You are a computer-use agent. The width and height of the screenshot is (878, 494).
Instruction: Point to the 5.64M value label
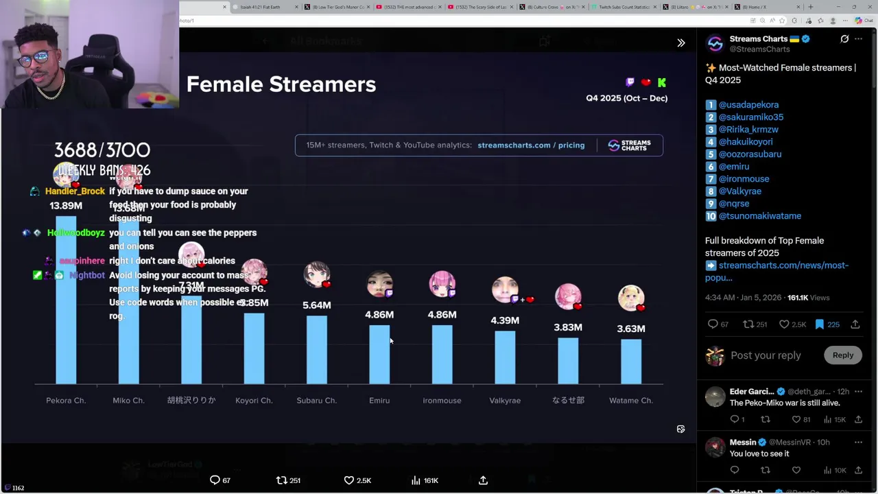[x=317, y=305]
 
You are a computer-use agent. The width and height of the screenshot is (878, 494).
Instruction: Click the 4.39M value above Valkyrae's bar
[x=505, y=320]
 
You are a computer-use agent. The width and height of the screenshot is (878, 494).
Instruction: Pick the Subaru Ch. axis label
[x=317, y=401]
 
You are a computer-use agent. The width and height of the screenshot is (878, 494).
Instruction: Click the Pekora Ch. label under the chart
[x=66, y=401]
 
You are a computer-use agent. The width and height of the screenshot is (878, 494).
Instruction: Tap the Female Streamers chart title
[x=281, y=84]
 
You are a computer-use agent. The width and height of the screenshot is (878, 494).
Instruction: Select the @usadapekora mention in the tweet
[x=748, y=105]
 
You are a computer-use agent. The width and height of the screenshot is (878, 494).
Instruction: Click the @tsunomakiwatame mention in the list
[x=759, y=216]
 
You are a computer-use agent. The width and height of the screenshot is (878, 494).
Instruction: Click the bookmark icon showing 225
[x=820, y=325]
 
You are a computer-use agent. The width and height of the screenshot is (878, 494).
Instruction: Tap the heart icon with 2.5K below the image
[x=349, y=480]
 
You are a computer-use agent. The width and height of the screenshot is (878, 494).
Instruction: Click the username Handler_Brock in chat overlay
[x=75, y=191]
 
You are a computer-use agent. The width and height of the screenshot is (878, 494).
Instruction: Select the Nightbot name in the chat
[x=87, y=275]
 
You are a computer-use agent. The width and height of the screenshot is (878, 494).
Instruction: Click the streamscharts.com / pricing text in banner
[x=531, y=145]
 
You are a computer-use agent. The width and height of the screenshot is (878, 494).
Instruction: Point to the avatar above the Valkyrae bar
[x=505, y=290]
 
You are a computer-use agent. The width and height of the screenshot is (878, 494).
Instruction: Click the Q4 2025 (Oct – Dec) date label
[x=626, y=98]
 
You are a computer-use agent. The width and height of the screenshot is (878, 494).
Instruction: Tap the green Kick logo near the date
[x=662, y=82]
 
